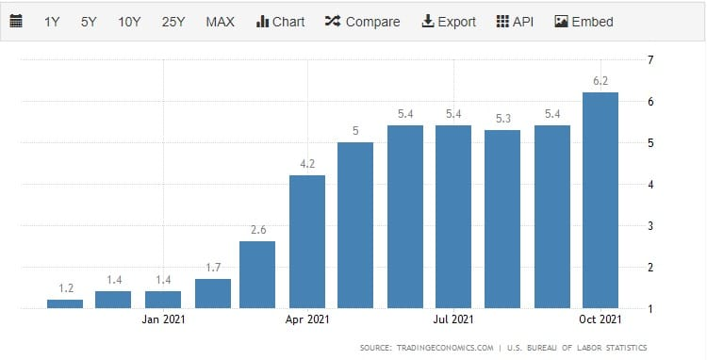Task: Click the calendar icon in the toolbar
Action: pos(16,21)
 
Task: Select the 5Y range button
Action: pos(89,22)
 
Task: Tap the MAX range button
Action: pos(220,22)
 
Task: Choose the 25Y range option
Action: pos(173,22)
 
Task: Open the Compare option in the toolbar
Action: pos(362,22)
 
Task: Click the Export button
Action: pos(449,22)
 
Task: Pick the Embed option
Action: pos(584,22)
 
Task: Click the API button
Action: pos(515,22)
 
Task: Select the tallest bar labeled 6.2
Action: pos(600,200)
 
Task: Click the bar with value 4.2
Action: pos(307,241)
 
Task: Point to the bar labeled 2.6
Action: pos(257,275)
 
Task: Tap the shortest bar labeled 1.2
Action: pos(65,304)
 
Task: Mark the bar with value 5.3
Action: pos(502,219)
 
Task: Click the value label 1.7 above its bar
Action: pos(213,268)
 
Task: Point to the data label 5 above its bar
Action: pos(355,131)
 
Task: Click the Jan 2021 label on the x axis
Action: pos(163,319)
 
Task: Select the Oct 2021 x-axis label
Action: pos(600,319)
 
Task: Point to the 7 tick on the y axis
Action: pos(650,60)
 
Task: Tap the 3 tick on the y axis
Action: pos(650,226)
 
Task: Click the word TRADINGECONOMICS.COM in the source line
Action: pos(445,348)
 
